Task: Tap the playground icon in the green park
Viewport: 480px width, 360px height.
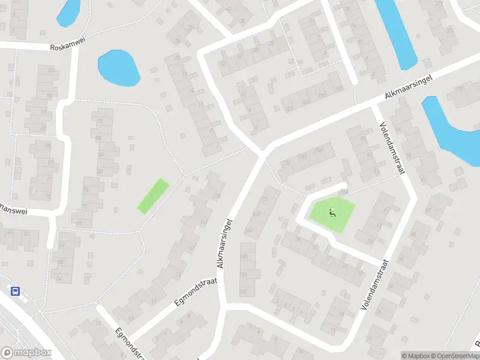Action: click(x=332, y=212)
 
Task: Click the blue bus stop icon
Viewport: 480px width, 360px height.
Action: click(x=15, y=292)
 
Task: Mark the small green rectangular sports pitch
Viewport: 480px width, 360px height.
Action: click(x=153, y=196)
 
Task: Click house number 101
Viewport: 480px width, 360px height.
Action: click(x=51, y=71)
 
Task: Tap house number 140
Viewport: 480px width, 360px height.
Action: click(x=244, y=256)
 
